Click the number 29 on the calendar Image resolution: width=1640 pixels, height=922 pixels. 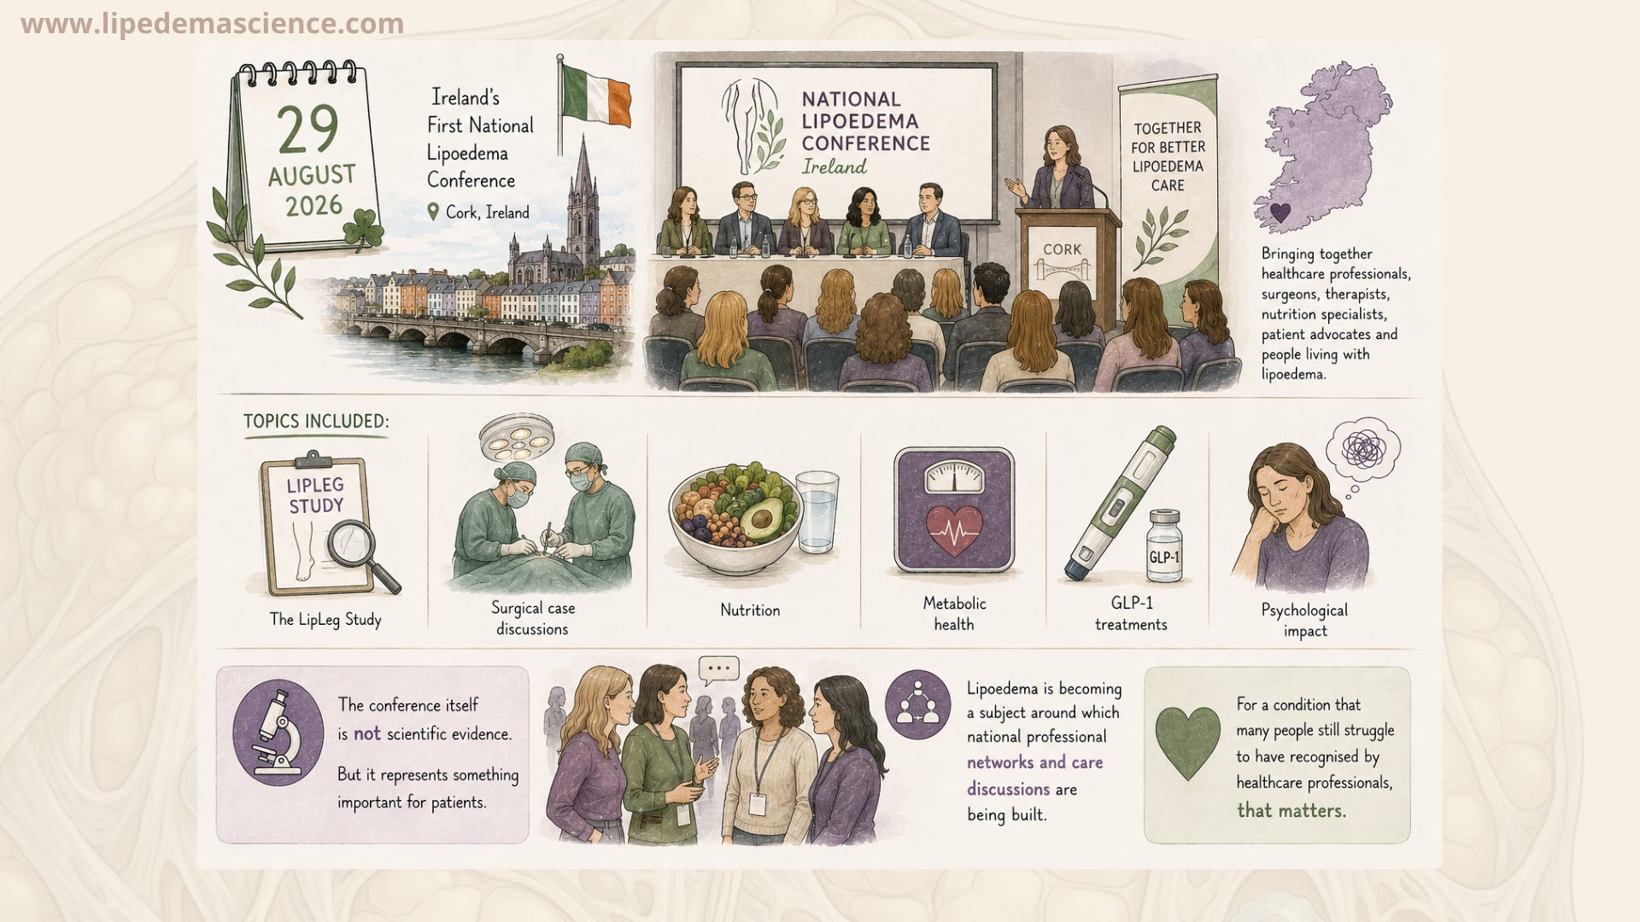307,130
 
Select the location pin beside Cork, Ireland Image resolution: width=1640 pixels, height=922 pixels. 433,212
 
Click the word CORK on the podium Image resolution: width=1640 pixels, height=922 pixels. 1062,249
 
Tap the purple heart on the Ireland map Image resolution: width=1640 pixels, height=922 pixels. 1280,212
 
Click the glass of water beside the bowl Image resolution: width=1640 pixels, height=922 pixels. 817,511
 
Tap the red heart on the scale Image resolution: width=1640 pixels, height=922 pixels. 954,530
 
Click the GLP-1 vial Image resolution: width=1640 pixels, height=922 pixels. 1164,546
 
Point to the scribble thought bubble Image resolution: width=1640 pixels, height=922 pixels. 1363,449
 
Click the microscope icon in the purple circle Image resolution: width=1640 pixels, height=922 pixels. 278,733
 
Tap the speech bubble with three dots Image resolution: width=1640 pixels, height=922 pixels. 718,670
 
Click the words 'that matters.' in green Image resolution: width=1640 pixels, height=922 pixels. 1291,810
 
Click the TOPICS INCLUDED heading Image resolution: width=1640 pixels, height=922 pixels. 316,421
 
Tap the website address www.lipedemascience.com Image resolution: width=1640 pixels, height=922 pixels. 212,24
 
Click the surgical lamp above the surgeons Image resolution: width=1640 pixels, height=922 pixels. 517,437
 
